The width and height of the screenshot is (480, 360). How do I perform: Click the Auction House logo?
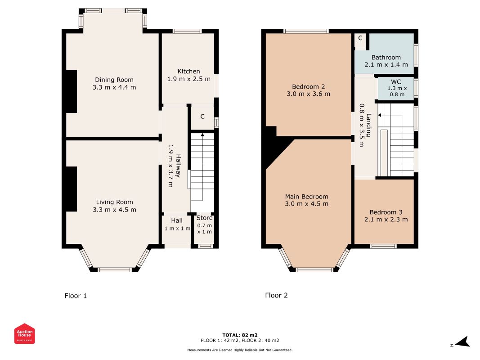[x=24, y=333]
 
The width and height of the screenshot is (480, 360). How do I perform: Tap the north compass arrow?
[x=462, y=342]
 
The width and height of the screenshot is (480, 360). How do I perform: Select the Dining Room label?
[x=114, y=80]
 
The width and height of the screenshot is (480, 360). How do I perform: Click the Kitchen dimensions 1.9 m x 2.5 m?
[x=188, y=79]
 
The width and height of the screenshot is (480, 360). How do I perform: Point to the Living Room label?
[x=115, y=202]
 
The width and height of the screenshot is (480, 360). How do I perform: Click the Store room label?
[x=205, y=218]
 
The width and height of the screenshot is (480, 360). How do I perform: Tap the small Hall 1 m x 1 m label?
[x=177, y=225]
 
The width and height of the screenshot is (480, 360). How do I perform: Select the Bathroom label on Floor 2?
[x=386, y=57]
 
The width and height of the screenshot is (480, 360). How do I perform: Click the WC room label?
[x=396, y=82]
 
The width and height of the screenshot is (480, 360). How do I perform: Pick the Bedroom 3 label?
[x=386, y=212]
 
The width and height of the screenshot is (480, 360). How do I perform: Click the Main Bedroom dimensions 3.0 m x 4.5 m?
[x=306, y=204]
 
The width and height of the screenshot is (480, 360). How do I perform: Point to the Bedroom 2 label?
[x=308, y=87]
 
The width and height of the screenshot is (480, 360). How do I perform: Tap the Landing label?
[x=369, y=125]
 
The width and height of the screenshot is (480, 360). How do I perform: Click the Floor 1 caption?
[x=76, y=296]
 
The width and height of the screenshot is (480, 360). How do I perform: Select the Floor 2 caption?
[x=276, y=295]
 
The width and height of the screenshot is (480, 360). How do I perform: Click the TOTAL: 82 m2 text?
[x=240, y=335]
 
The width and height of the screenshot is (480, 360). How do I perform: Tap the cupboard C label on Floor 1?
[x=202, y=117]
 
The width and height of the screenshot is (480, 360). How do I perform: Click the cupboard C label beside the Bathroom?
[x=360, y=38]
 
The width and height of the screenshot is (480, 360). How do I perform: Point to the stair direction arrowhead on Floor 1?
[x=202, y=135]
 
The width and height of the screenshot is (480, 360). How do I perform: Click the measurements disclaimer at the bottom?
[x=240, y=350]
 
